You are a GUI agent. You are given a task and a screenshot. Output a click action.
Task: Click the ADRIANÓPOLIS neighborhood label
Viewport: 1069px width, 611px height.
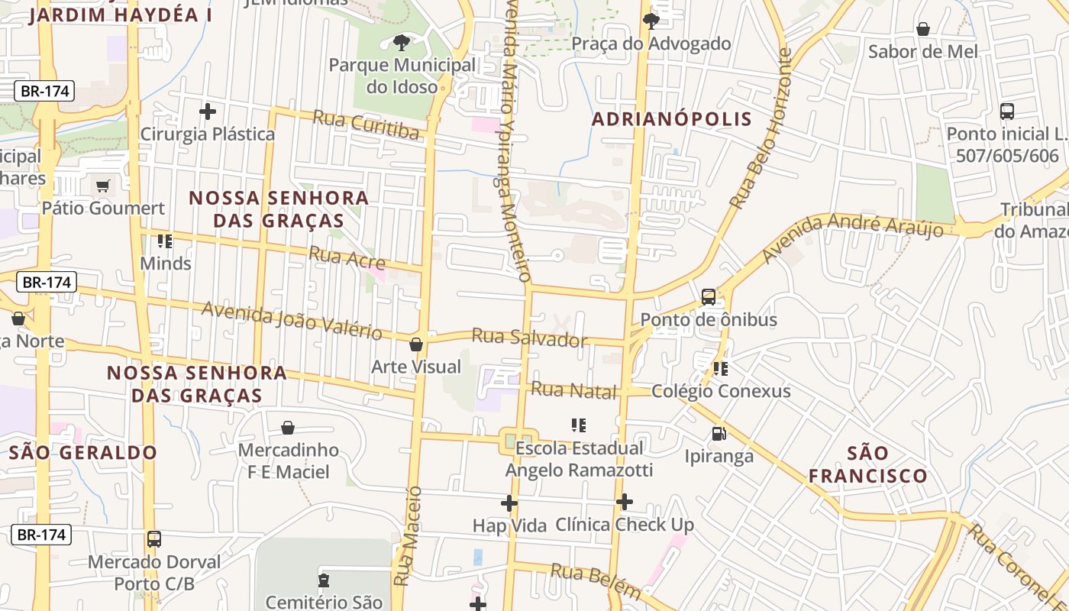pos(672,119)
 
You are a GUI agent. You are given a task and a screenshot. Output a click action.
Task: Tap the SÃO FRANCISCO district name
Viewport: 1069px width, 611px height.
pos(868,464)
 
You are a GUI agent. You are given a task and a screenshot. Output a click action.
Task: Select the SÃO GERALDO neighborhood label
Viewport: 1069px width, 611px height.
pos(83,452)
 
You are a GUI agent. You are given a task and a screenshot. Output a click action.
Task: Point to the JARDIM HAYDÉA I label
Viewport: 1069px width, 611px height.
pos(121,15)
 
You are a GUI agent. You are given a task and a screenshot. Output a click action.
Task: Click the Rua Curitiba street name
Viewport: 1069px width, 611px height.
pos(367,126)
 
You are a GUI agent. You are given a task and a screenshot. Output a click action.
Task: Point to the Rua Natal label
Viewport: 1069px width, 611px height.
pos(573,390)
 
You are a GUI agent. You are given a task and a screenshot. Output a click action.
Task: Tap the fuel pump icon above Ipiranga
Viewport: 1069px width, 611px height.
pos(719,434)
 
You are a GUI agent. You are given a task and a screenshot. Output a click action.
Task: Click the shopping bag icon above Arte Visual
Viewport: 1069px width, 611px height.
pos(416,344)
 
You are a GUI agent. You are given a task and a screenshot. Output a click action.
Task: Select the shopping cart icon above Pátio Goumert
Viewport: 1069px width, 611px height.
pos(103,186)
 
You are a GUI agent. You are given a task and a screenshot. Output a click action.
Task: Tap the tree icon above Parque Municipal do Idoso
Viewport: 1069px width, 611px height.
pos(401,43)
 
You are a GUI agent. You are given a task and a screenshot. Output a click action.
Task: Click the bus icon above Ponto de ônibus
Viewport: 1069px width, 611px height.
pos(709,297)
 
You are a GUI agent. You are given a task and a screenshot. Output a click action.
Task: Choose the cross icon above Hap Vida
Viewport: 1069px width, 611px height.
pos(509,503)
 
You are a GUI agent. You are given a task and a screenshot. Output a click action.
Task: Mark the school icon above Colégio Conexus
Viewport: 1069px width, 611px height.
pos(721,369)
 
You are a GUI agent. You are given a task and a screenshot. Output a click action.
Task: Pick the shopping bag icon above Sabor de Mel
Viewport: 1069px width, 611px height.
pos(923,30)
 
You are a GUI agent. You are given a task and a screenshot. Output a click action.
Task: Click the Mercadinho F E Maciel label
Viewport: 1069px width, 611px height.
pos(288,461)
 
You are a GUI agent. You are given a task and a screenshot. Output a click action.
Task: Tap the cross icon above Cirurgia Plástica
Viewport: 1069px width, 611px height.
pos(207,112)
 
